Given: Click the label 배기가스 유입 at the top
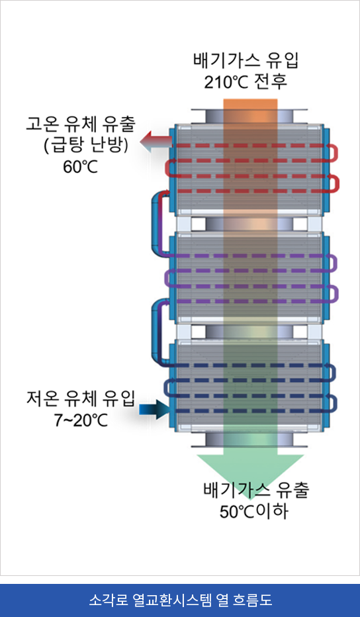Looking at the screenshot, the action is click(246, 62).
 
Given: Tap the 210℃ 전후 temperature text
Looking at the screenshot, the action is click(246, 81).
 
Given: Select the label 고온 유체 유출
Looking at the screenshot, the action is click(81, 125).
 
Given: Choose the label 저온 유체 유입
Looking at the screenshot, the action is click(81, 399).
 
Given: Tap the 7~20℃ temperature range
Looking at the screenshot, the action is click(81, 420).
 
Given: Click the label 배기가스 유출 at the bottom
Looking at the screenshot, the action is click(257, 489).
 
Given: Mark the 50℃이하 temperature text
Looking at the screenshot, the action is click(253, 511).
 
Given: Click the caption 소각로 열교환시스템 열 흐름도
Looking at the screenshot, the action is click(180, 600).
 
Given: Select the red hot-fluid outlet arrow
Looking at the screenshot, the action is click(156, 142).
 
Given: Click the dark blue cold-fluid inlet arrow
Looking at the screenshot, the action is click(155, 410).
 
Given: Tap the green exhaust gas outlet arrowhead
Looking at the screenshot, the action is click(250, 472).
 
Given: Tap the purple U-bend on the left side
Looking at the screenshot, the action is click(166, 279).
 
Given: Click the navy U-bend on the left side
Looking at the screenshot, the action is click(166, 388).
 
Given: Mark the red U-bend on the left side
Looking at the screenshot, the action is click(167, 168).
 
